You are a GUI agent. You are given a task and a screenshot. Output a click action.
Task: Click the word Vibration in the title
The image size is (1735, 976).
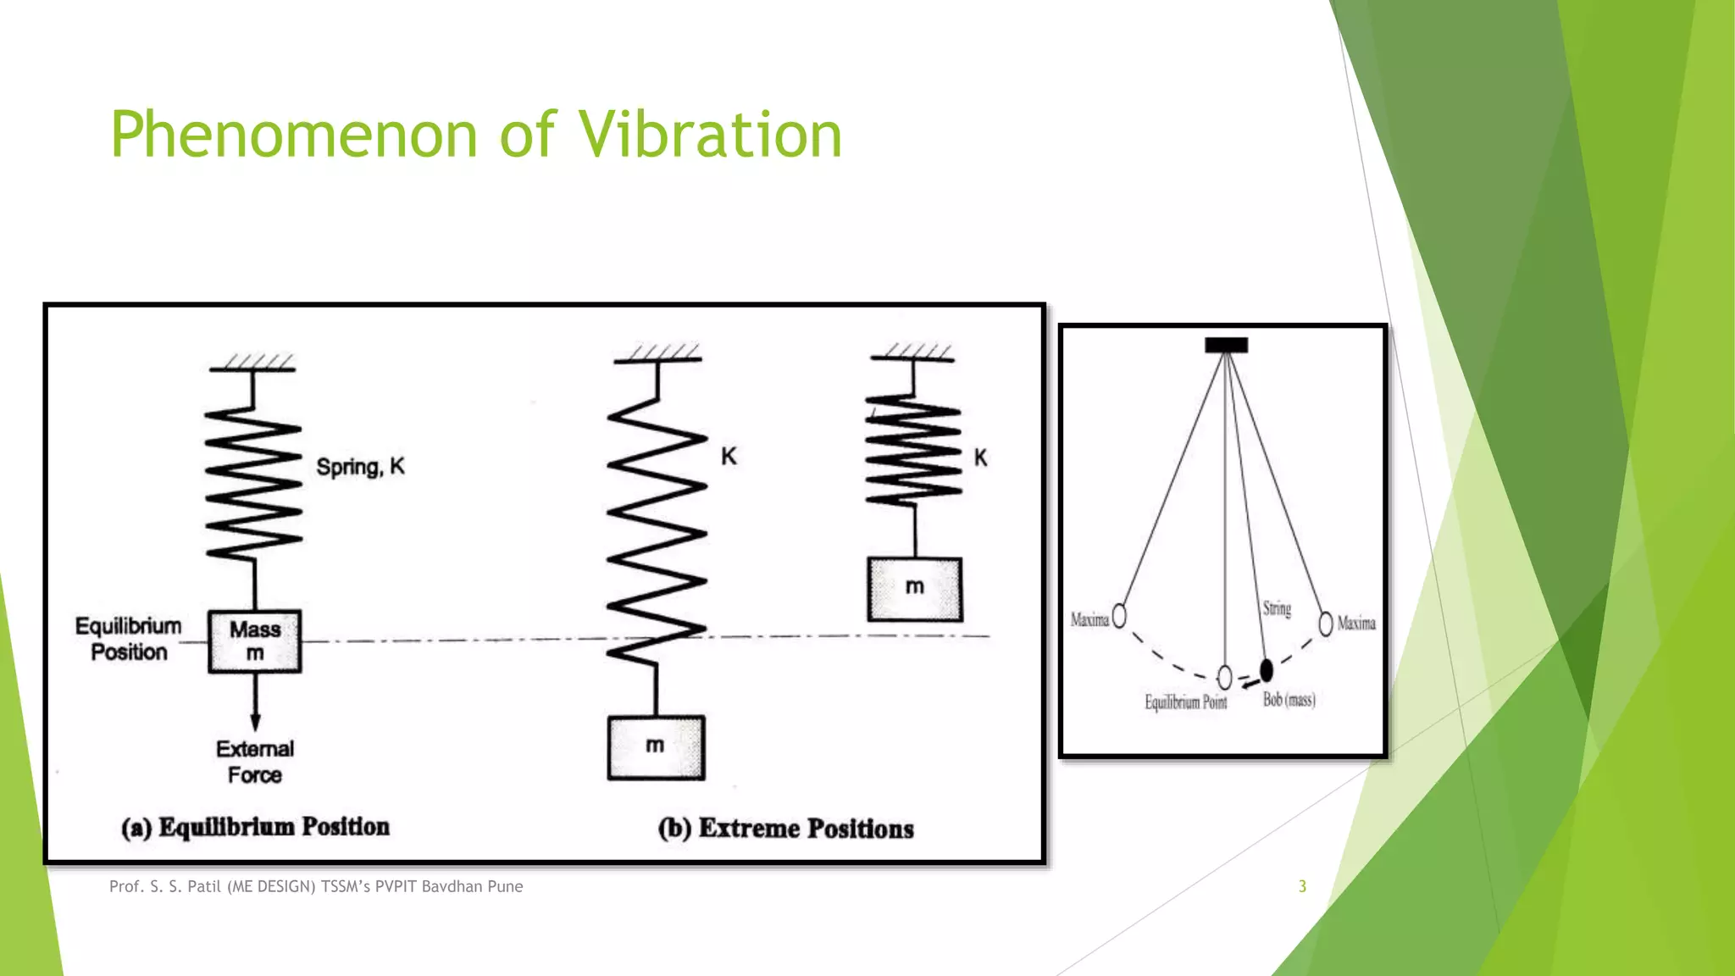(x=710, y=135)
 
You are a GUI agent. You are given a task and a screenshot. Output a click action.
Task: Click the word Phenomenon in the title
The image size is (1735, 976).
(x=293, y=135)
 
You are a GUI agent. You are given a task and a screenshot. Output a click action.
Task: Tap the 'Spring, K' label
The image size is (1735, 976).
(x=360, y=467)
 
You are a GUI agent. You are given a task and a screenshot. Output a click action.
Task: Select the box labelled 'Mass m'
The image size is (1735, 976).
(x=255, y=641)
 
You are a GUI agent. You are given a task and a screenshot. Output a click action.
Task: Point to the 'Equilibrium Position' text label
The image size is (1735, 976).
(x=129, y=639)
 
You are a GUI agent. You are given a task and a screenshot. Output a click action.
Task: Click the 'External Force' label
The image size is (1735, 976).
(x=254, y=762)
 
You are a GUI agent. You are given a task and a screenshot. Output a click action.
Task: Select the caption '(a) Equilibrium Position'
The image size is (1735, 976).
(x=255, y=827)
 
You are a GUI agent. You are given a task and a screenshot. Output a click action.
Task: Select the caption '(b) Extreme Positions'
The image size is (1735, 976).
(x=785, y=829)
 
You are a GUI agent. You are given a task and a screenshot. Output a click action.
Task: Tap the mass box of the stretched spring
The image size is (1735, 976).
(x=656, y=748)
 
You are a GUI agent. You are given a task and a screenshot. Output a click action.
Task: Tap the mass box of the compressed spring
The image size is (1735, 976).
(x=914, y=589)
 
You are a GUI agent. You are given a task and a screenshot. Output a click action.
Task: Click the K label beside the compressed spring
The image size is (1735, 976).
(x=980, y=458)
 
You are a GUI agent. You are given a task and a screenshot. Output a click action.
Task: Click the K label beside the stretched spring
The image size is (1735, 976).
(x=729, y=457)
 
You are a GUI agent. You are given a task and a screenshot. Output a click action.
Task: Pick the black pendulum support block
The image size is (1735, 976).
(x=1226, y=345)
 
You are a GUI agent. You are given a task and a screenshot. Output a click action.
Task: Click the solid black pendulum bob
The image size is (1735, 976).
(x=1267, y=671)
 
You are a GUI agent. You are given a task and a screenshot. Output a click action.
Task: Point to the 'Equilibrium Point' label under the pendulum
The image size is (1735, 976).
(x=1185, y=702)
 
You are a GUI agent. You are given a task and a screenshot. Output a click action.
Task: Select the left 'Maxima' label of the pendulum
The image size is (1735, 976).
(x=1089, y=620)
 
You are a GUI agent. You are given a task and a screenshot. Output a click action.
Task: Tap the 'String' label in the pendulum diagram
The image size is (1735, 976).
(x=1277, y=608)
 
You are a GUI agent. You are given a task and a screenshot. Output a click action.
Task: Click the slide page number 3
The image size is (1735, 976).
(x=1302, y=886)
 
